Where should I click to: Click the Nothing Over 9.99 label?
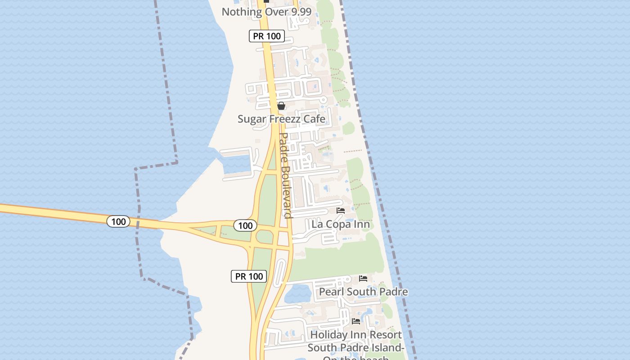point(266,12)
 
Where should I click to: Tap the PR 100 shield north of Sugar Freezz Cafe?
point(267,36)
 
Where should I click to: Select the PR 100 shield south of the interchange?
point(249,276)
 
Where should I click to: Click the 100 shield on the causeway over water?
point(118,221)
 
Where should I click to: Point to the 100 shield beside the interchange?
point(245,225)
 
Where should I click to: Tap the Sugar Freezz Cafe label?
point(281,119)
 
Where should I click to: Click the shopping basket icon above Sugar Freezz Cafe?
point(281,106)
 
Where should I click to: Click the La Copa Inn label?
point(341,224)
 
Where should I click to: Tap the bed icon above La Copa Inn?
point(341,210)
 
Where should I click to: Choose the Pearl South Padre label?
point(363,292)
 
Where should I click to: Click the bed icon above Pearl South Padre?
point(363,279)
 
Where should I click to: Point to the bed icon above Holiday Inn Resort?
point(356,321)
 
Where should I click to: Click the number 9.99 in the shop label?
point(298,12)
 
